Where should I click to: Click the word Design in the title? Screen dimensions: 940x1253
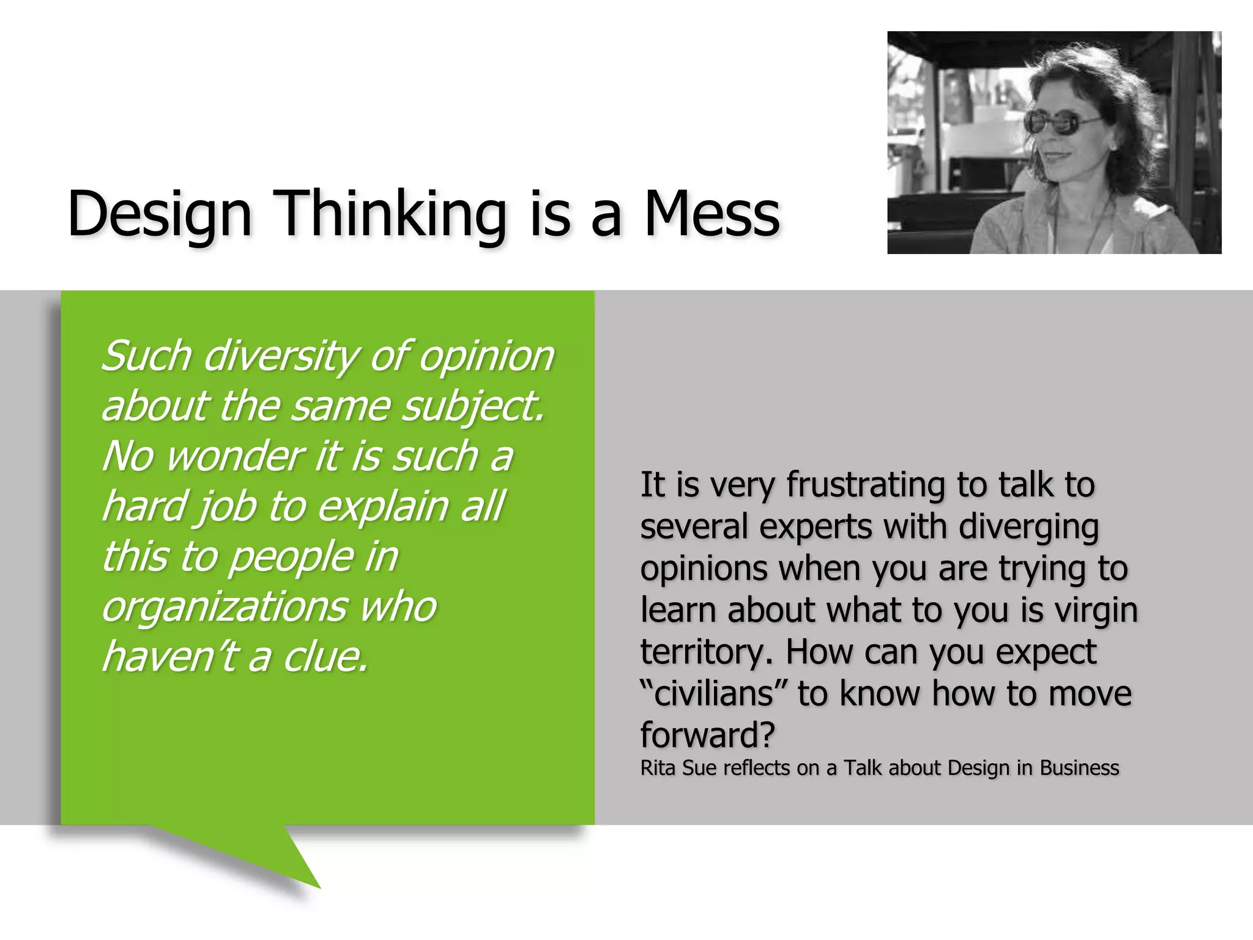tap(160, 214)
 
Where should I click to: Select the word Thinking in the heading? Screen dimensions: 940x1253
tap(392, 214)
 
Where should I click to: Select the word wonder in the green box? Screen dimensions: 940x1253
tap(236, 457)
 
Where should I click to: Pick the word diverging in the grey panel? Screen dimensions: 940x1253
tap(1029, 528)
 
